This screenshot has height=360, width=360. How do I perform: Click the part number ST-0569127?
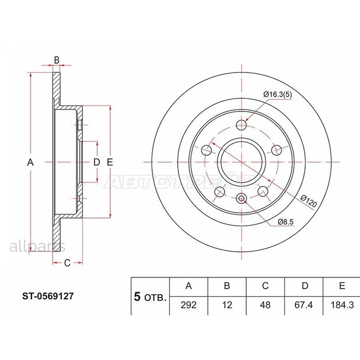pyautogui.click(x=48, y=296)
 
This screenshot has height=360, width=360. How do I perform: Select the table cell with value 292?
pyautogui.click(x=188, y=305)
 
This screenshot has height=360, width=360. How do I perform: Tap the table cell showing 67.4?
pyautogui.click(x=304, y=305)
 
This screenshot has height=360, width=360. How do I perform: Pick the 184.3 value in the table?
pyautogui.click(x=342, y=305)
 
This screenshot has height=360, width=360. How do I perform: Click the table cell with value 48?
pyautogui.click(x=265, y=305)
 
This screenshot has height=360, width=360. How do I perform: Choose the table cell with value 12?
pyautogui.click(x=227, y=305)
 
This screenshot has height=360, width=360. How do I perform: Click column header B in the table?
pyautogui.click(x=227, y=286)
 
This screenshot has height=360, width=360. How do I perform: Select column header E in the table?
pyautogui.click(x=342, y=286)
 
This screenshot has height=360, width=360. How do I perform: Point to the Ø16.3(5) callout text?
pyautogui.click(x=278, y=94)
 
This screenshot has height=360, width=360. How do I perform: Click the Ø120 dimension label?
pyautogui.click(x=309, y=201)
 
